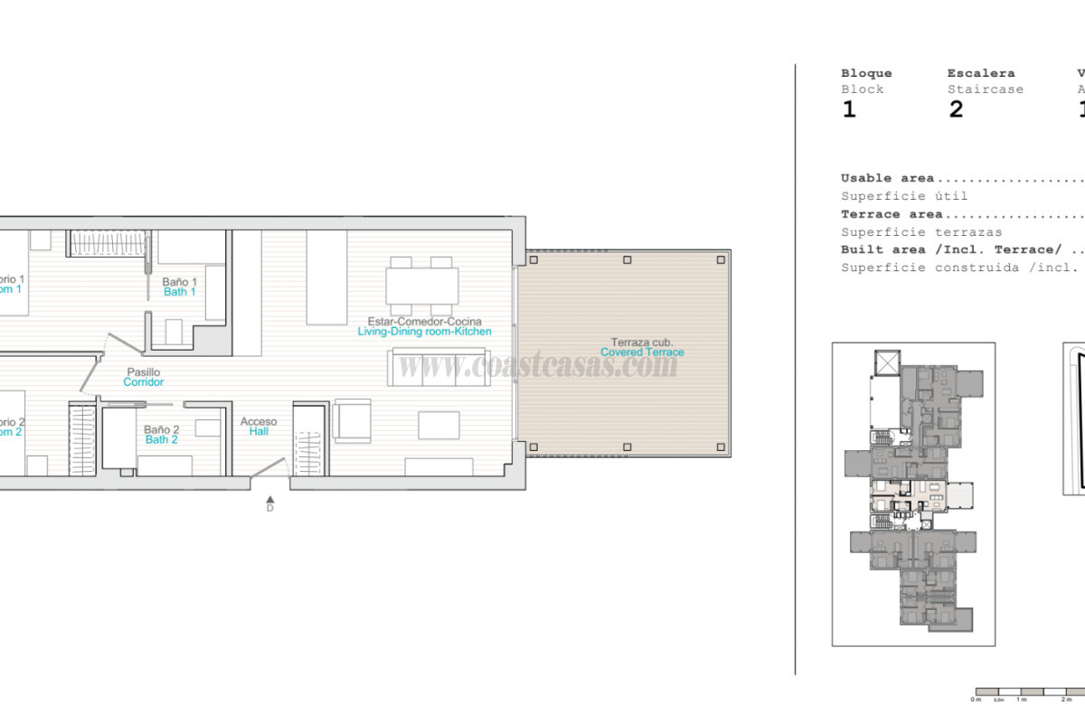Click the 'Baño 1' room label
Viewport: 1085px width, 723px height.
tap(179, 282)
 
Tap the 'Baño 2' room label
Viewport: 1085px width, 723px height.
tap(161, 430)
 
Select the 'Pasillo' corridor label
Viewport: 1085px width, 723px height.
tap(143, 372)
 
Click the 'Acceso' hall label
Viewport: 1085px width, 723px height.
tap(259, 422)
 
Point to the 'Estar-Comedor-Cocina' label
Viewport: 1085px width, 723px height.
tap(424, 322)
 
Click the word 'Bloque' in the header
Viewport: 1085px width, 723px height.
tap(866, 73)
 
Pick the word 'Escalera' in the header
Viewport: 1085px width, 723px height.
tap(981, 73)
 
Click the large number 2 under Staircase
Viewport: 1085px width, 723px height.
tap(956, 110)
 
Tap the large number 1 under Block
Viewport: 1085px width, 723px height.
tap(848, 110)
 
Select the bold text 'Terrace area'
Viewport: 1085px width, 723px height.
tap(892, 214)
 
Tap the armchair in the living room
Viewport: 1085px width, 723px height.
tap(351, 420)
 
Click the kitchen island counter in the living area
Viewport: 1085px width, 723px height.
tap(326, 277)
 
